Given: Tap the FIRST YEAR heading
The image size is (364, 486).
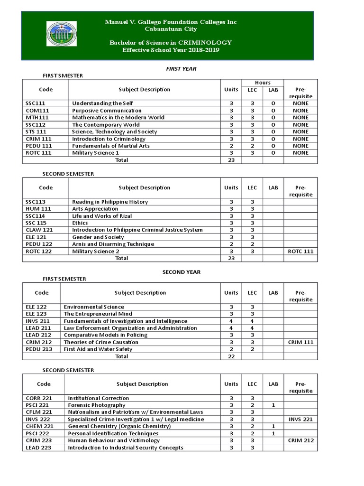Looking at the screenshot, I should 181,69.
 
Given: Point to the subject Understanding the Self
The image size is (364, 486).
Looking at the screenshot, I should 102,103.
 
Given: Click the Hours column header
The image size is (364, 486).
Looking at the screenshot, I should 263,83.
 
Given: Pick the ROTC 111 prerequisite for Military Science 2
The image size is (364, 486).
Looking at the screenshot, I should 300,251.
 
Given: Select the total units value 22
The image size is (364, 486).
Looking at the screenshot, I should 231,356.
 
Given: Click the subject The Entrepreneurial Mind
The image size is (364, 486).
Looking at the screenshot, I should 98,314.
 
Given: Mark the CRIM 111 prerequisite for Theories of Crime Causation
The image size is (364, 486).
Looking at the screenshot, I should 300,342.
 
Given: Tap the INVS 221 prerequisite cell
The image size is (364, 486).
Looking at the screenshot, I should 300,419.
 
